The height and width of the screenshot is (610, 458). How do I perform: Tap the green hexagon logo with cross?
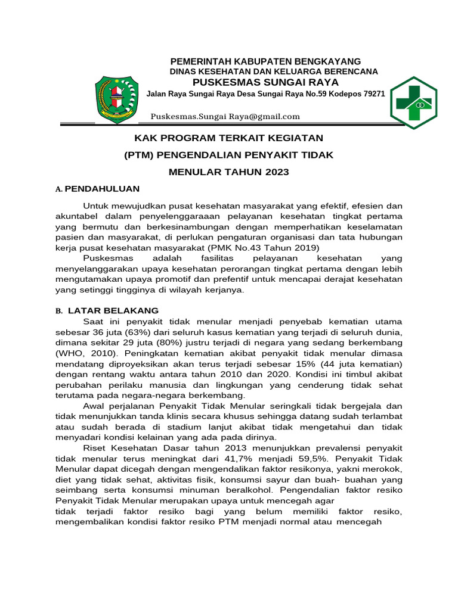[413, 102]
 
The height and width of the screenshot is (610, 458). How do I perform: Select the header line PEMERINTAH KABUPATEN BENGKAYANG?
[265, 61]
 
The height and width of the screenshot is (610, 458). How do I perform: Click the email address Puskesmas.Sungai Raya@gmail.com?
[225, 116]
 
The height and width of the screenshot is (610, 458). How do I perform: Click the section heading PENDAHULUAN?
[102, 189]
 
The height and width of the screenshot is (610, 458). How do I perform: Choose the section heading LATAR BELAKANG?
[113, 310]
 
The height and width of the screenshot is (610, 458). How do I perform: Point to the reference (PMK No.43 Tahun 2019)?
[259, 247]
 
